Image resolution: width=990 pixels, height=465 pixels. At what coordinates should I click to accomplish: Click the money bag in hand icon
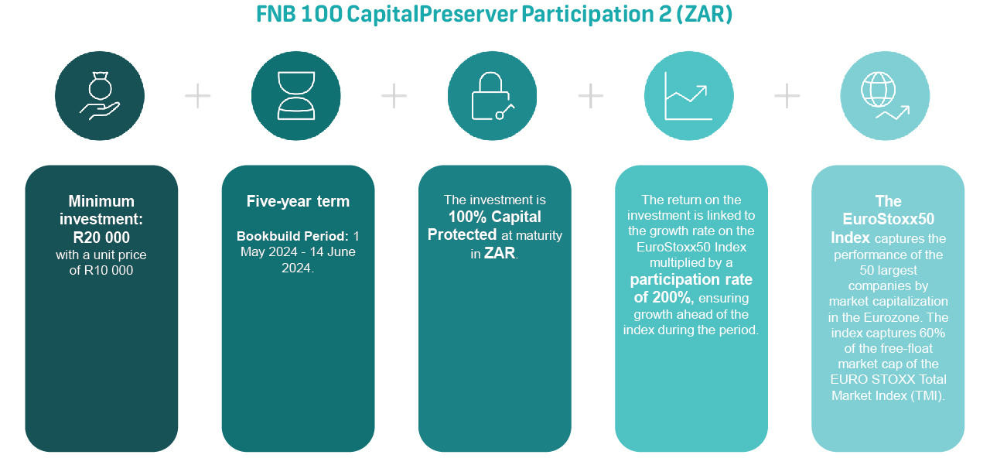[x=100, y=95]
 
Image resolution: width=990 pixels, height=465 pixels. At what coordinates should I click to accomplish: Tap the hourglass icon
[x=296, y=95]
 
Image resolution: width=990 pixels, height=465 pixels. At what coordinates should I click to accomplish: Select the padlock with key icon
[x=493, y=95]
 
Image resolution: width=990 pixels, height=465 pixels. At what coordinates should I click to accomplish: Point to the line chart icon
[x=688, y=96]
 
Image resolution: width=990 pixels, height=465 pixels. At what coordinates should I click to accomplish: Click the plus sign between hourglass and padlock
[x=394, y=95]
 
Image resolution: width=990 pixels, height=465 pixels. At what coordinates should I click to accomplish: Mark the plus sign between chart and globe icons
[x=787, y=95]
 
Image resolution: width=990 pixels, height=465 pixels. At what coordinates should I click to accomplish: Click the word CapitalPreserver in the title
[x=432, y=14]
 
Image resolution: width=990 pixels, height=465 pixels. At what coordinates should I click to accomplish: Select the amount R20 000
[x=101, y=238]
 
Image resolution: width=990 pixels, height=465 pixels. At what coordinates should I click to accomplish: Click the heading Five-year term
[x=298, y=201]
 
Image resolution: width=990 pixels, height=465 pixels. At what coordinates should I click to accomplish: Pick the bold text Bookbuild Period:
[x=292, y=236]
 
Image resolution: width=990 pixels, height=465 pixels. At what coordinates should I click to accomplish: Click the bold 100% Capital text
[x=494, y=217]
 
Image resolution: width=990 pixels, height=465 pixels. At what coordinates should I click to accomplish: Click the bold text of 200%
[x=664, y=297]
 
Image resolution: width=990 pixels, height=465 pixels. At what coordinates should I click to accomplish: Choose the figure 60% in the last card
[x=932, y=333]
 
